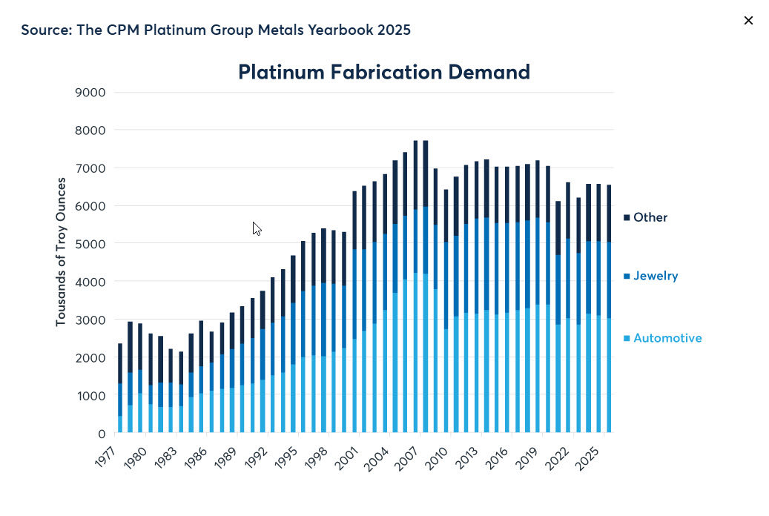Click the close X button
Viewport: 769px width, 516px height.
(748, 21)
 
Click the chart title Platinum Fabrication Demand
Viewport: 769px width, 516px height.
(383, 72)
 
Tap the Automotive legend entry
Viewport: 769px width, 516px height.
(667, 338)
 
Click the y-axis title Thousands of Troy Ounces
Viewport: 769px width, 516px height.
(61, 252)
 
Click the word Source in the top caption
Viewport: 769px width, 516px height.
(45, 30)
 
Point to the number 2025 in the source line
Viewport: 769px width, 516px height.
(393, 30)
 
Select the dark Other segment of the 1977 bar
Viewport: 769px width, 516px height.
(120, 363)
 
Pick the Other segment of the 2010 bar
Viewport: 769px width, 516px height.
(446, 215)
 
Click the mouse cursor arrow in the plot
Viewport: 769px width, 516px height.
(256, 228)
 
